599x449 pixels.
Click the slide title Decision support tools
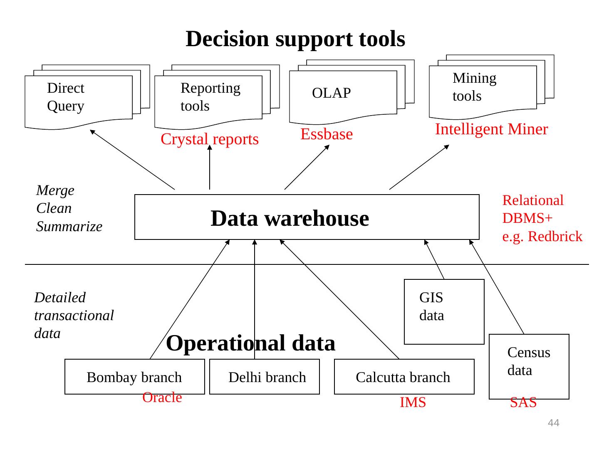tap(295, 39)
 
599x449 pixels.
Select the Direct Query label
tap(66, 97)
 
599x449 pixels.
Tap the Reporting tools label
tap(210, 97)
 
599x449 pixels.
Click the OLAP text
tap(331, 93)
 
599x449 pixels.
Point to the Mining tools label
tap(474, 87)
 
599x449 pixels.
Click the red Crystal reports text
tap(210, 139)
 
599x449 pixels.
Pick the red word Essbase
tap(327, 134)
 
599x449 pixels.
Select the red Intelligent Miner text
tap(491, 129)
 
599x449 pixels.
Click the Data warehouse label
tap(290, 218)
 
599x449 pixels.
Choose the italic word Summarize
tap(69, 227)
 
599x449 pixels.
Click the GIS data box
tap(444, 311)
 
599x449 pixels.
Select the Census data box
tap(529, 366)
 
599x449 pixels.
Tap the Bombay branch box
tap(134, 377)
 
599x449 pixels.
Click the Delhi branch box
tap(267, 377)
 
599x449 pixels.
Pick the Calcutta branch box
tap(403, 377)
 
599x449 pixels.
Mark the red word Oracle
tap(162, 398)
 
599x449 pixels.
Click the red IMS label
tap(413, 402)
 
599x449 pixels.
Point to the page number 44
tap(554, 423)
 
